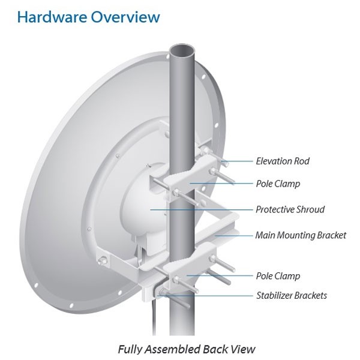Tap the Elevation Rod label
pos(282,161)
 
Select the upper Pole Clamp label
pos(277,184)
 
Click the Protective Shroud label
pos(290,209)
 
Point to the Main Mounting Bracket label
pos(300,235)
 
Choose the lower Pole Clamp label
pos(277,276)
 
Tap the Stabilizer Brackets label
pos(291,295)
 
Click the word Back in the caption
pos(218,349)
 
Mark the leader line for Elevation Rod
pos(240,161)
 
